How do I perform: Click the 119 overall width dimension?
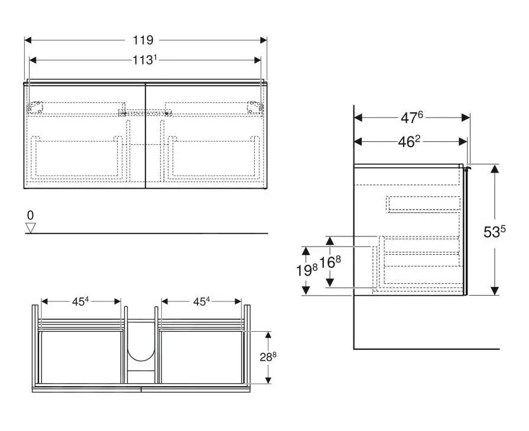(143, 40)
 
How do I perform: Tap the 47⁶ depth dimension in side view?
(411, 118)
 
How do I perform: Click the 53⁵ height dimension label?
(494, 232)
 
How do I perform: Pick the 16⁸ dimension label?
(330, 262)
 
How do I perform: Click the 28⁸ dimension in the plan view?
(268, 357)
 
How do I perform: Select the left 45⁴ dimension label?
(80, 301)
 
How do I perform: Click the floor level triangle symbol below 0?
(31, 228)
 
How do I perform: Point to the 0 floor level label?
(31, 216)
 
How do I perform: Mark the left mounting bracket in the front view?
(37, 107)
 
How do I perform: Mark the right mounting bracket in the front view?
(254, 107)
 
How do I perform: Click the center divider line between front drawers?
(145, 136)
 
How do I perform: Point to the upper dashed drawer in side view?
(423, 204)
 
